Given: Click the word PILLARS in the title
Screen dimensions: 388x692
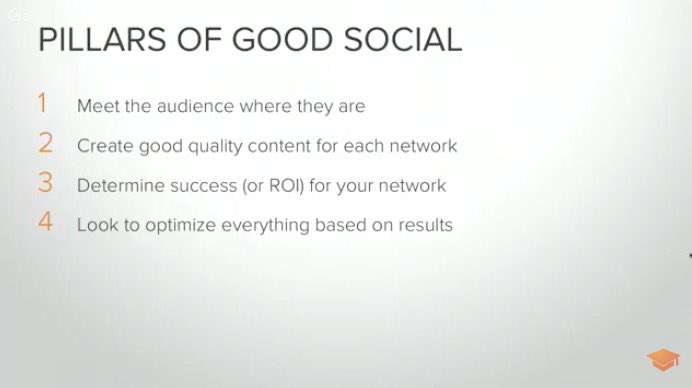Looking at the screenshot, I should [98, 39].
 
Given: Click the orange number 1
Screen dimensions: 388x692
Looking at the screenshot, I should [43, 104].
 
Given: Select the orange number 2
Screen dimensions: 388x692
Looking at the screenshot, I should [45, 144].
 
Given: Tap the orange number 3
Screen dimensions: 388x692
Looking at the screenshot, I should [45, 184].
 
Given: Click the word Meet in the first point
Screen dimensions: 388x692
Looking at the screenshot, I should [96, 105].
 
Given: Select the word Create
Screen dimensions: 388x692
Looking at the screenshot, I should [103, 145].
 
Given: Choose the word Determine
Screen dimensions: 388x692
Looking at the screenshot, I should [118, 185].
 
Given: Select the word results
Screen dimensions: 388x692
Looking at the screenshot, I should [424, 225].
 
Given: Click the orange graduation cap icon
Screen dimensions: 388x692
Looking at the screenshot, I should [661, 361].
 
